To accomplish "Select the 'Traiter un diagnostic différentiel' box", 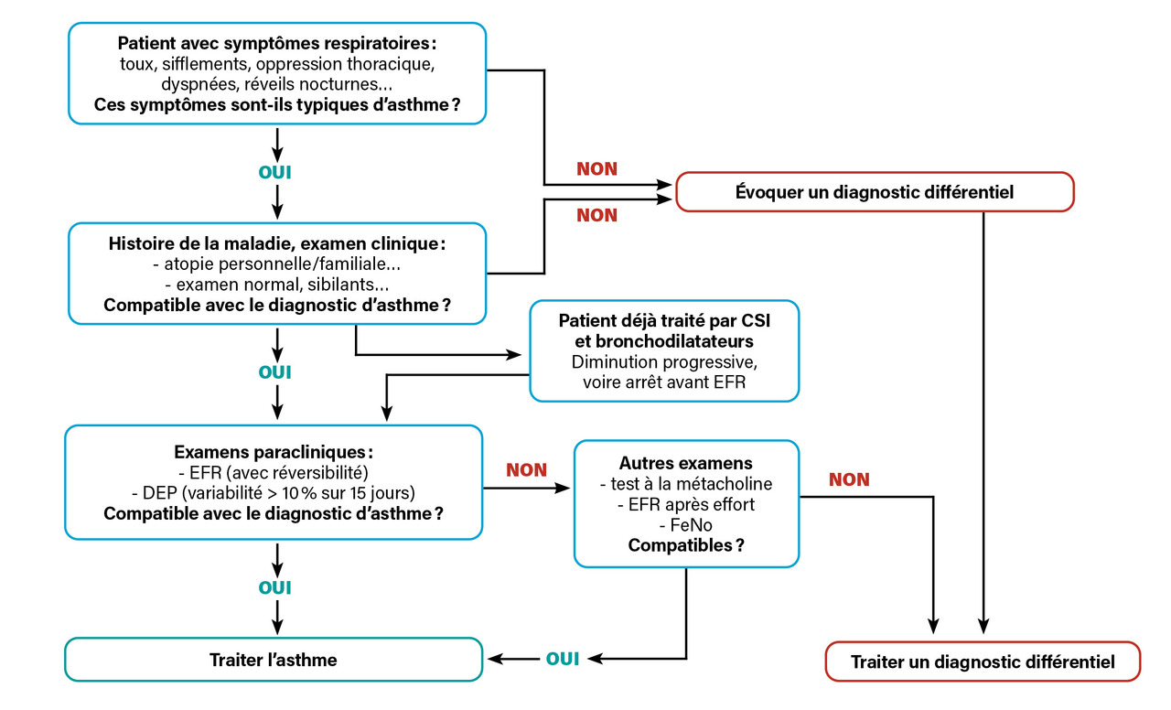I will [983, 662].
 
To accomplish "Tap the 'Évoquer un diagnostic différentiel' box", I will [875, 192].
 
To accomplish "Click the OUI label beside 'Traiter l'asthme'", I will [563, 659].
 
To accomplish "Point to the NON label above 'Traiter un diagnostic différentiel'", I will [849, 479].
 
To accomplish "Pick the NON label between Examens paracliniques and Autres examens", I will [526, 470].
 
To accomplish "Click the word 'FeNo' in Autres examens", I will [685, 525].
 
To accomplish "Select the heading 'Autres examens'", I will [685, 463].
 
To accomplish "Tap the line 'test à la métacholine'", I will [685, 484].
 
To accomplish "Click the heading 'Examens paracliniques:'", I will [274, 452].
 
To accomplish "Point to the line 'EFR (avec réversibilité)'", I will [274, 472].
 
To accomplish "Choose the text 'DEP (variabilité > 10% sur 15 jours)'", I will [274, 492].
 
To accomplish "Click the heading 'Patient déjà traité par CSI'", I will [664, 321].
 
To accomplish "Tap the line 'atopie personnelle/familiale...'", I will [277, 265].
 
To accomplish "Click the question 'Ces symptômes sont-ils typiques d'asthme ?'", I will [277, 104].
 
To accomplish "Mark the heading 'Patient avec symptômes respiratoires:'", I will [277, 43].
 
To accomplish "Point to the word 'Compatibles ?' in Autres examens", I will [685, 546].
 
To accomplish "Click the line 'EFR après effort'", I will [685, 505].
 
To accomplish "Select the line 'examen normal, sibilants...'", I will [277, 285].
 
